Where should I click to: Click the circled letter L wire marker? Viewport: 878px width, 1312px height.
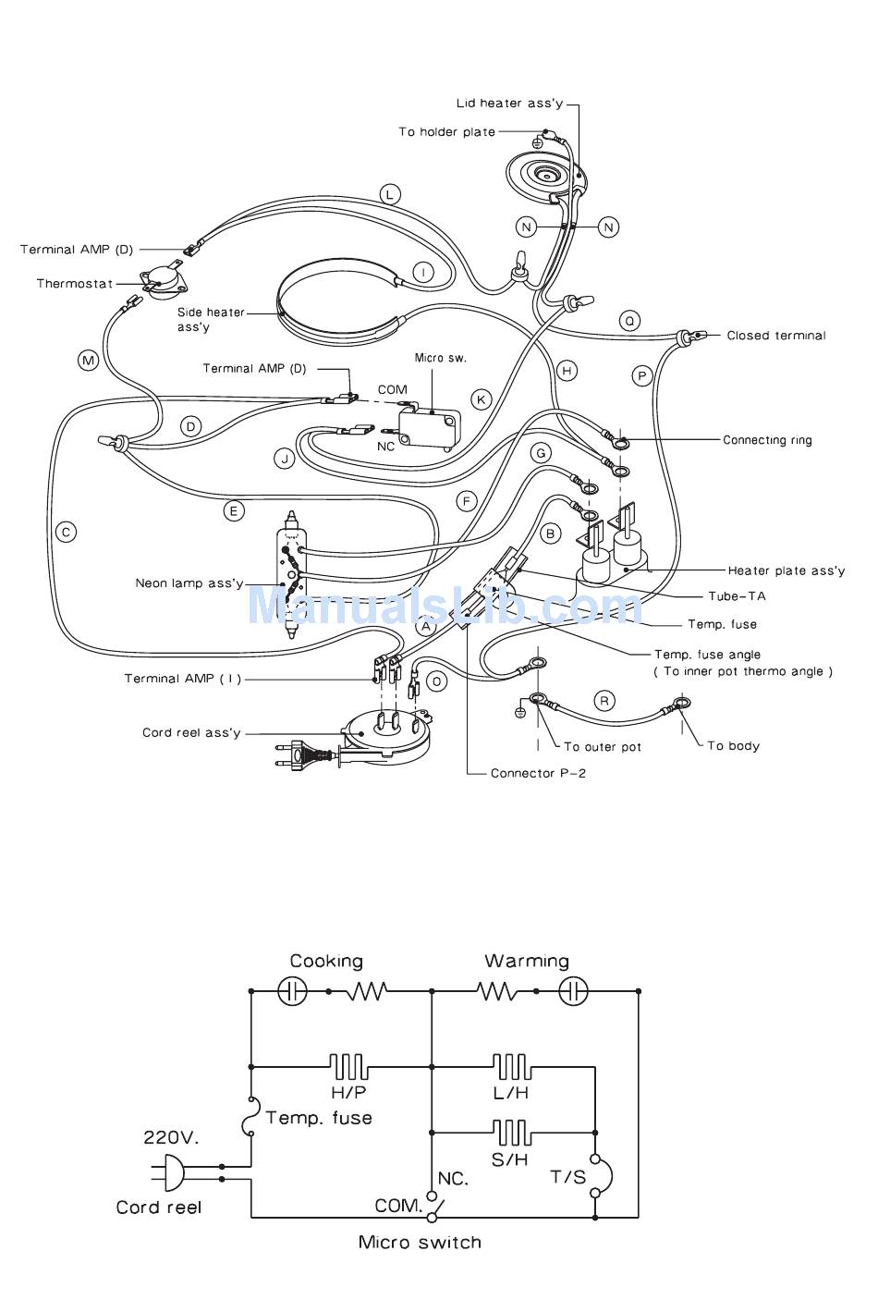pyautogui.click(x=389, y=194)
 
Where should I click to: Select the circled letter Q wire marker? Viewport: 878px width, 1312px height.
pyautogui.click(x=629, y=321)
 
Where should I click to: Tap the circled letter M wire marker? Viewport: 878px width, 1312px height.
pyautogui.click(x=89, y=361)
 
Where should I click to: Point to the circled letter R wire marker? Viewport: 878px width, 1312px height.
pyautogui.click(x=604, y=701)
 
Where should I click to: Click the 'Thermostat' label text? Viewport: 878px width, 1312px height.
pyautogui.click(x=74, y=284)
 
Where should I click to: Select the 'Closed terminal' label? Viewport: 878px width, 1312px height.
pyautogui.click(x=776, y=336)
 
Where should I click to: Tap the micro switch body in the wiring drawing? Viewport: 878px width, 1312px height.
pyautogui.click(x=429, y=427)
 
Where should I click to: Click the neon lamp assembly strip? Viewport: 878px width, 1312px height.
pyautogui.click(x=291, y=574)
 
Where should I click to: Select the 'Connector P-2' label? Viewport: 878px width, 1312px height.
pyautogui.click(x=538, y=773)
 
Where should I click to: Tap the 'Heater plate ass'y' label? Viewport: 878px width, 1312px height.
pyautogui.click(x=787, y=570)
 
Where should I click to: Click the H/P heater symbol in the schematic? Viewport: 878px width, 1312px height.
pyautogui.click(x=348, y=1067)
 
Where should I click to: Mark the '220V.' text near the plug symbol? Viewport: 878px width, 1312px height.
pyautogui.click(x=171, y=1137)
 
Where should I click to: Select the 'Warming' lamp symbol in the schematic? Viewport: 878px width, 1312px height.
pyautogui.click(x=573, y=991)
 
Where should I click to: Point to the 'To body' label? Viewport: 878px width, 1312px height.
pyautogui.click(x=734, y=745)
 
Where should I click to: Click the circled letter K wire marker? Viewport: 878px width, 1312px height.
pyautogui.click(x=482, y=399)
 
